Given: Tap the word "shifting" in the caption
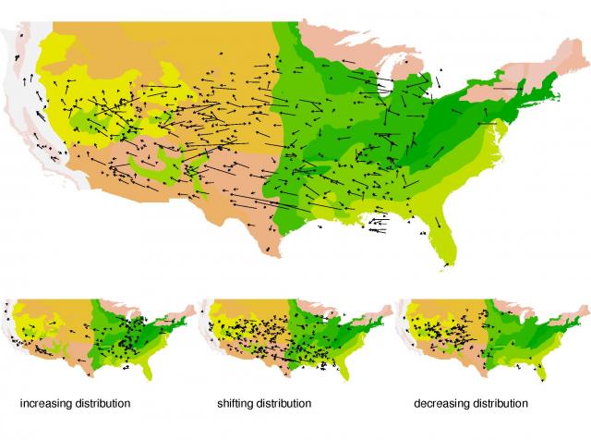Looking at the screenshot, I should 236,404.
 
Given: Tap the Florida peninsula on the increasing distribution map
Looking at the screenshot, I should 148,370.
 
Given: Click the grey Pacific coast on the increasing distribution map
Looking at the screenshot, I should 9,324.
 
